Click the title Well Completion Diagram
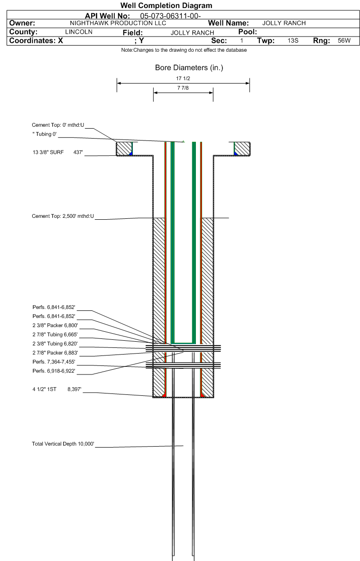pyautogui.click(x=166, y=6)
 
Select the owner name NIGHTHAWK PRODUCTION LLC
pyautogui.click(x=118, y=23)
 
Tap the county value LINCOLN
pyautogui.click(x=78, y=32)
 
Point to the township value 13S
pyautogui.click(x=293, y=41)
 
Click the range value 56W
pyautogui.click(x=343, y=41)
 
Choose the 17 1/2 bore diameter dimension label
pyautogui.click(x=183, y=78)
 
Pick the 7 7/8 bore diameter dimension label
pyautogui.click(x=183, y=88)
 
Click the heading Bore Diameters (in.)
pyautogui.click(x=189, y=68)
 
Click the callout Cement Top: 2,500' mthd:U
pyautogui.click(x=63, y=216)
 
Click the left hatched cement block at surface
pyautogui.click(x=124, y=149)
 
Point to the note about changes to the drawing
pyautogui.click(x=184, y=50)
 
